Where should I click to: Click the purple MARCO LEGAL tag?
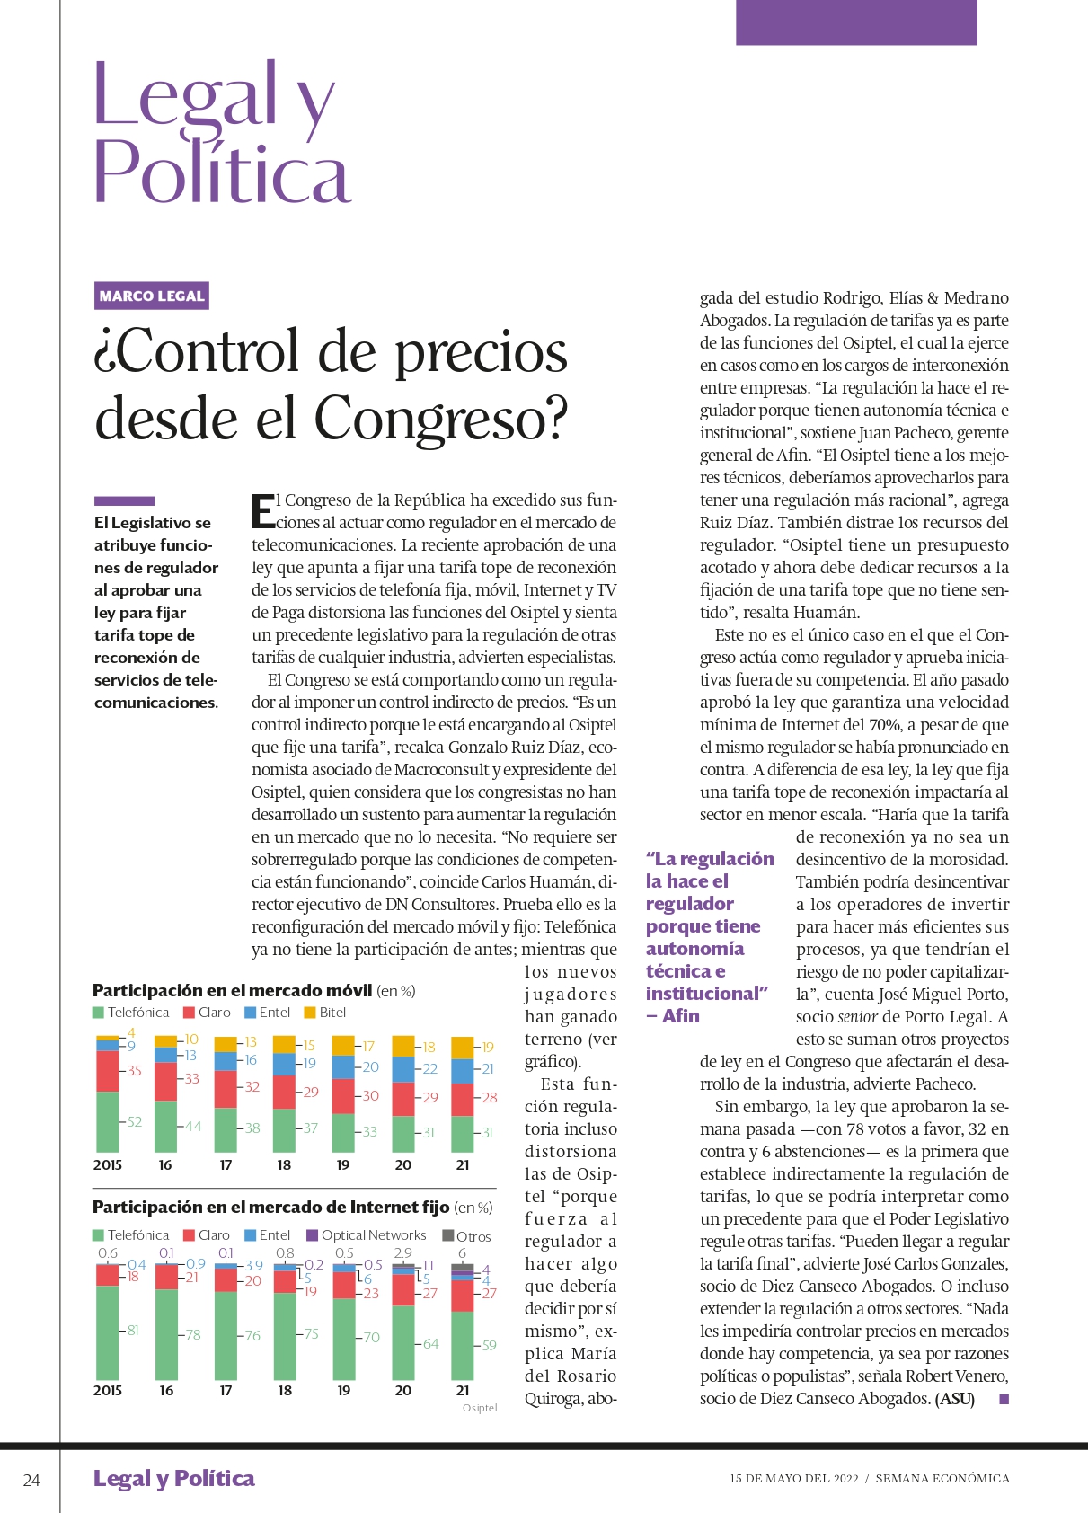click(x=151, y=296)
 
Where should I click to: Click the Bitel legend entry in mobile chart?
click(x=325, y=1013)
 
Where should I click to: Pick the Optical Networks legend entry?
click(x=367, y=1234)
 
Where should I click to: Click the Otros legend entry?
click(x=466, y=1236)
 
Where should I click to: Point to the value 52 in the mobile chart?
click(x=135, y=1121)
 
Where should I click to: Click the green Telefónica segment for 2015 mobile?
click(x=108, y=1121)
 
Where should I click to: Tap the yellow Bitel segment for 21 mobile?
click(x=462, y=1048)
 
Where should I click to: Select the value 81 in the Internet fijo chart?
click(x=133, y=1330)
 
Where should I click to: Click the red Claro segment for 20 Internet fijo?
click(x=403, y=1290)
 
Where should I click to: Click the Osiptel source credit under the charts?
click(x=480, y=1408)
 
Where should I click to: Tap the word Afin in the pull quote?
click(x=681, y=1016)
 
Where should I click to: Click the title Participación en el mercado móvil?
click(x=233, y=990)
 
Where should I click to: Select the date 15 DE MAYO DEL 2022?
click(x=793, y=1479)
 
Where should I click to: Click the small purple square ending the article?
click(x=1004, y=1399)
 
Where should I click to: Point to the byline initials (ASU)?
click(x=955, y=1399)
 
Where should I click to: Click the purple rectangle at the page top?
click(x=856, y=22)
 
